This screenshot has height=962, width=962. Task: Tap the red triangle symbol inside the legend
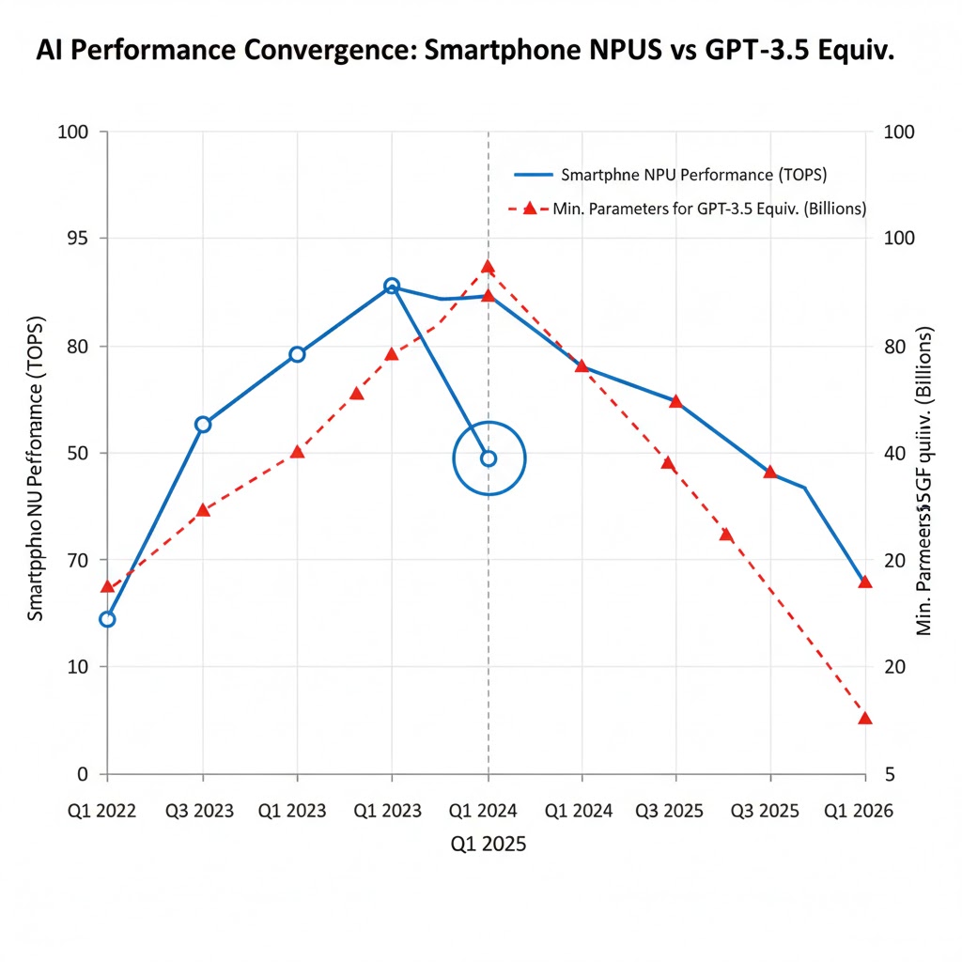[529, 209]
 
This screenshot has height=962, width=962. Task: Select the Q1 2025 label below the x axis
[488, 844]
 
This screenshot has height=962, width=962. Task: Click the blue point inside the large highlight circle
[489, 458]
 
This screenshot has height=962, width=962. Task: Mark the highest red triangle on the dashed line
[488, 268]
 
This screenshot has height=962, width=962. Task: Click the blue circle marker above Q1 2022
[107, 619]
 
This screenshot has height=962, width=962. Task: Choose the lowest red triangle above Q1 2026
[865, 719]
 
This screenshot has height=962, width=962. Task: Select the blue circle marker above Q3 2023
[203, 425]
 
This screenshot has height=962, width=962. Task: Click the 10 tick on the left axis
[75, 667]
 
